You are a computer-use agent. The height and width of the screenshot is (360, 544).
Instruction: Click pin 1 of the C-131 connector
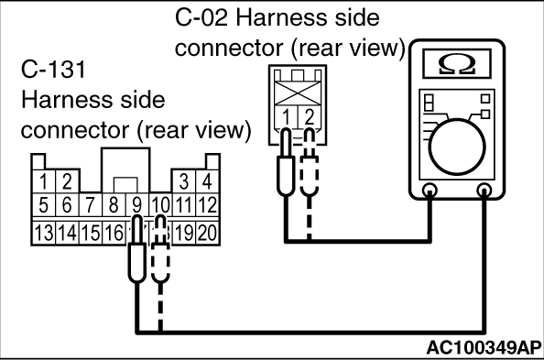coord(44,181)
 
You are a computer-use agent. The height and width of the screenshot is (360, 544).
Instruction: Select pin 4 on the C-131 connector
coord(208,181)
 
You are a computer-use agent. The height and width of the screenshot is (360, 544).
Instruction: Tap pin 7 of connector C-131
coord(90,204)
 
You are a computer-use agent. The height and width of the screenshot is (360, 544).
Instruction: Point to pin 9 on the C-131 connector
coord(137,204)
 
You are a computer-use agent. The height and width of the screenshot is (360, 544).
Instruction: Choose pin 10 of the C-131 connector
coord(160,204)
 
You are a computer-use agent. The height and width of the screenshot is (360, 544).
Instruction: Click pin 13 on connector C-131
coord(44,233)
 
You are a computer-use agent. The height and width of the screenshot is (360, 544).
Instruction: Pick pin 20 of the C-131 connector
coord(208,233)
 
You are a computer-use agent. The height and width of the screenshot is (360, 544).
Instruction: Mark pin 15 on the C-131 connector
coord(90,233)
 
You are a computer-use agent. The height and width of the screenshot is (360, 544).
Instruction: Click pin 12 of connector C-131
coord(208,204)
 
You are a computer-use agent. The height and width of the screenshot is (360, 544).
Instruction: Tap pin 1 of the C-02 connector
coord(287,117)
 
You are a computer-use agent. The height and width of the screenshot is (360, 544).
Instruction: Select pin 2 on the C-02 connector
coord(310,117)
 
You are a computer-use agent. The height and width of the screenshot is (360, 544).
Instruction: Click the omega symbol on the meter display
coord(457,64)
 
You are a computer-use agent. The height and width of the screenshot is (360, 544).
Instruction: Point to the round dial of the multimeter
coord(457,147)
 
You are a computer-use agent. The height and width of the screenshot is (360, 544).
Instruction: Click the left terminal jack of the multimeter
coord(430,191)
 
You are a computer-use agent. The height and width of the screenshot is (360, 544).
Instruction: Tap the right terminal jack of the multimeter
coord(484,191)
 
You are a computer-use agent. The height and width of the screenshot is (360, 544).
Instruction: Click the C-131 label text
coord(53,69)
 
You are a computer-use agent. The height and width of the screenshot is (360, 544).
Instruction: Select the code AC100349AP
coord(484,347)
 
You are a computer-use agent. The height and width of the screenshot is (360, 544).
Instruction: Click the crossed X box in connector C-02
coord(298,93)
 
